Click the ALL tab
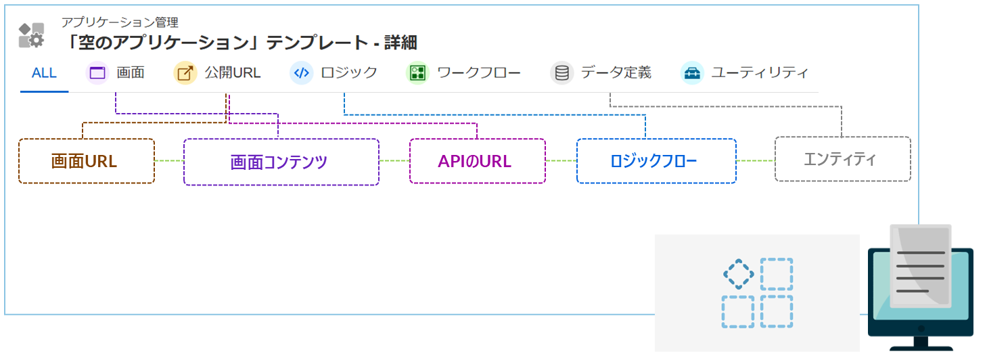pos(44,73)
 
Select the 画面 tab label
pos(131,73)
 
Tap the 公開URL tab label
pos(233,73)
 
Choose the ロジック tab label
pos(349,73)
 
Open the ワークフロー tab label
pos(478,73)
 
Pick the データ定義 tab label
pos(616,73)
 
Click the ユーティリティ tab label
pos(759,73)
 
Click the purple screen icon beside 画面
pos(98,73)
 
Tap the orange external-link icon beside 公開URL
pos(185,73)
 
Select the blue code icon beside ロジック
pos(301,73)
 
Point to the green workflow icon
pos(417,73)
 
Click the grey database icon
pos(561,73)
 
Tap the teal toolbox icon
pos(691,73)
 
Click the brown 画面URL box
pos(86,161)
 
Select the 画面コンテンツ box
pos(281,162)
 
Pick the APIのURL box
pos(477,161)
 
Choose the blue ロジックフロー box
pos(656,161)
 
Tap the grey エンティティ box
pos(842,159)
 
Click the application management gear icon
pos(32,35)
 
